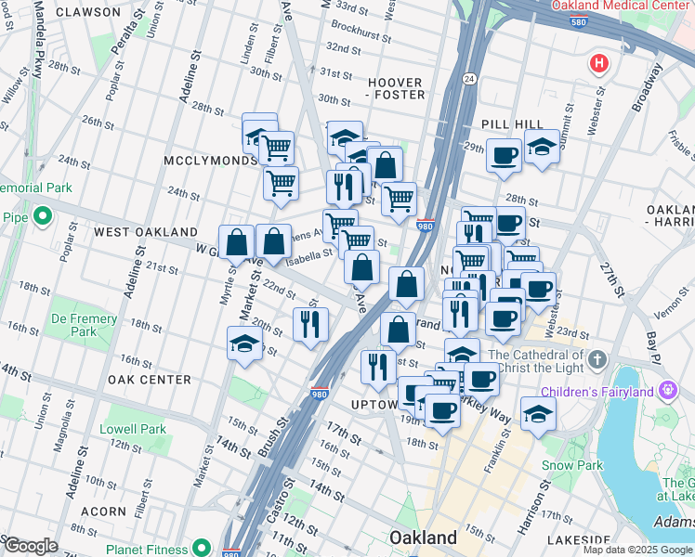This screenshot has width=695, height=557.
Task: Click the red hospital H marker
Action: click(x=599, y=64)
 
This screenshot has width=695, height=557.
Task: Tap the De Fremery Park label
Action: click(x=84, y=325)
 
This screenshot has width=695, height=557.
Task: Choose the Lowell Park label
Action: click(x=134, y=429)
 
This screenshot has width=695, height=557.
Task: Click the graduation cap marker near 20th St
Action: click(x=244, y=341)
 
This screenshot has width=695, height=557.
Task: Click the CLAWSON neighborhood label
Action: click(x=88, y=12)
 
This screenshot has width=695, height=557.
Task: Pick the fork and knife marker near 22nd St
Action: click(x=309, y=322)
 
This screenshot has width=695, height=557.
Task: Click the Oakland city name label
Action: click(x=423, y=538)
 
